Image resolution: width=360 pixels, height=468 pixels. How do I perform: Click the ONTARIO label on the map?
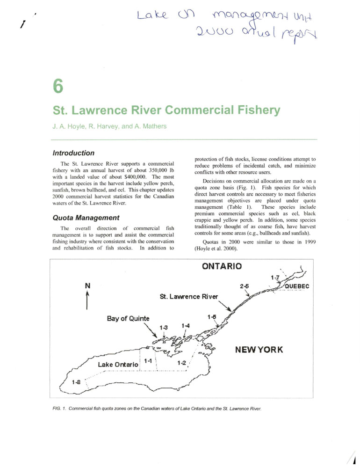click(222, 266)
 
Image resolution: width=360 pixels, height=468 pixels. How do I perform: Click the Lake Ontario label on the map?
click(118, 364)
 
